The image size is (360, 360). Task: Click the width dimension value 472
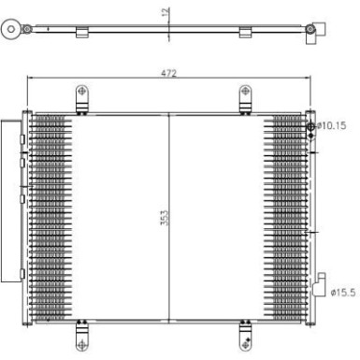168,72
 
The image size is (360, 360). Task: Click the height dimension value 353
165,220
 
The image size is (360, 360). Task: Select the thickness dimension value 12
165,14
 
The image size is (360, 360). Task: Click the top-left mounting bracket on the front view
82,96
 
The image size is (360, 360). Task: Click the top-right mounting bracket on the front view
245,96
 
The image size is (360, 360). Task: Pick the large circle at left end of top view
10,30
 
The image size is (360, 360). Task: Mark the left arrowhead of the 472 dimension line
31,79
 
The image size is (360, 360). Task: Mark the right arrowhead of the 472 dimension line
307,79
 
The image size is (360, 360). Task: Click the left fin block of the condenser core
50,215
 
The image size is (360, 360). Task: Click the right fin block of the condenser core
284,215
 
